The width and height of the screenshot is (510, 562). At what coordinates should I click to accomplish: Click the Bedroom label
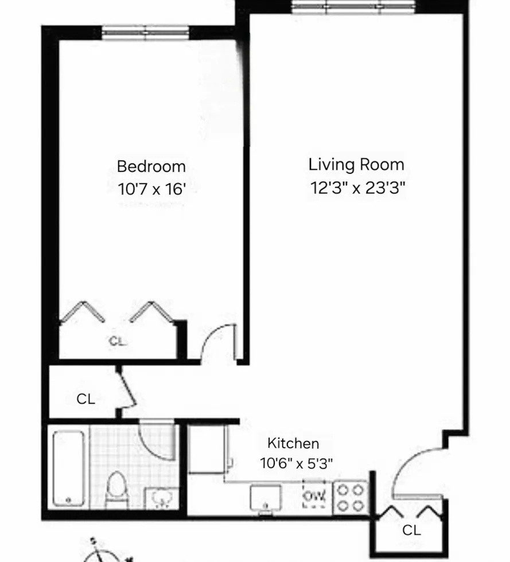click(151, 167)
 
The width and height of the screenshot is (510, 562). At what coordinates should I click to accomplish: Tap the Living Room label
click(356, 165)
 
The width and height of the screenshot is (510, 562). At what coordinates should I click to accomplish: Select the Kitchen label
click(293, 443)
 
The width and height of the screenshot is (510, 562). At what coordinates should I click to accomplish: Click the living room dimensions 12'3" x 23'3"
click(356, 188)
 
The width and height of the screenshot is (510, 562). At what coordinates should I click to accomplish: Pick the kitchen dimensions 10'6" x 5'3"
click(296, 463)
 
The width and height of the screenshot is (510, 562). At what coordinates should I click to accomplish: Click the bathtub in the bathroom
click(69, 469)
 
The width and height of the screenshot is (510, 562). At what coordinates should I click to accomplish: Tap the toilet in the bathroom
click(116, 490)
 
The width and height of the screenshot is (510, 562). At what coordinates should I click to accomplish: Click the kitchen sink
click(266, 497)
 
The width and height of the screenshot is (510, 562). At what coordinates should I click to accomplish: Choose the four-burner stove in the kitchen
click(350, 497)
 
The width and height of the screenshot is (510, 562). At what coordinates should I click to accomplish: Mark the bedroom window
click(146, 32)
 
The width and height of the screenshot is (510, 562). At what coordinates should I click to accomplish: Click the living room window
click(353, 7)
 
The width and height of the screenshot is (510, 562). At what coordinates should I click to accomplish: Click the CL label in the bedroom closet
click(117, 341)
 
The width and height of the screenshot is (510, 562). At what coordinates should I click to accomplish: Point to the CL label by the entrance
click(411, 530)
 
